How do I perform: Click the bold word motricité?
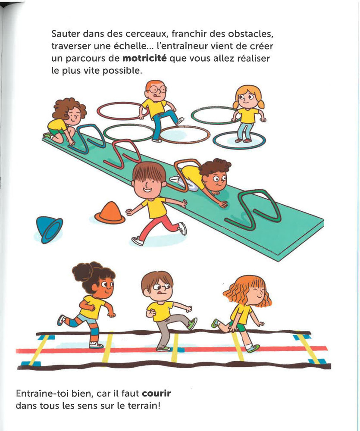coord(144,58)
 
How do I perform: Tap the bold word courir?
coord(157,394)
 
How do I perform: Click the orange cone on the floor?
coord(110,212)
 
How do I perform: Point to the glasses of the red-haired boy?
coord(158,89)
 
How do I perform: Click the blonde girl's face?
coord(246,98)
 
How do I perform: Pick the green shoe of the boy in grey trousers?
coord(193,323)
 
